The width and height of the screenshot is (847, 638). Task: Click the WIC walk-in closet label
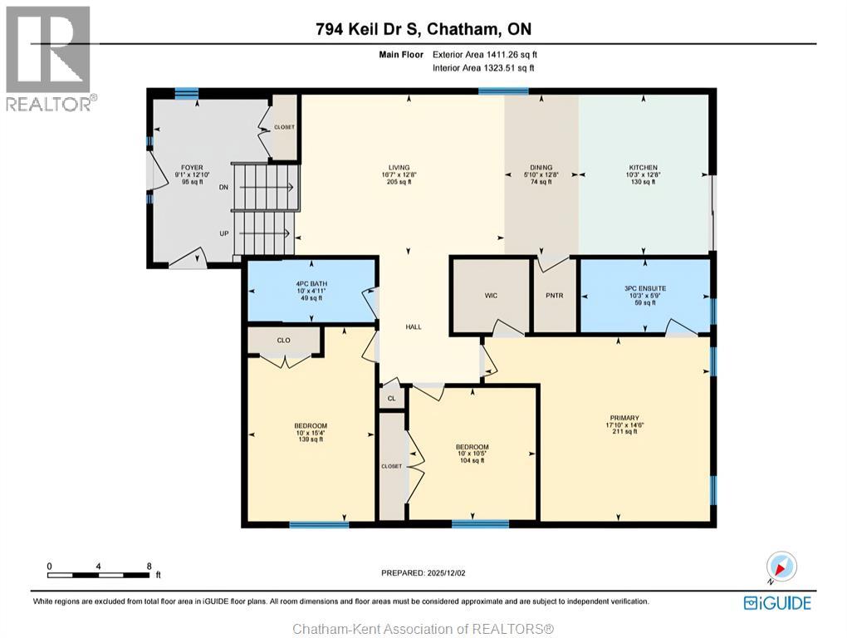tap(491, 295)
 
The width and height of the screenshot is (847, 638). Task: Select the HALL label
tap(414, 326)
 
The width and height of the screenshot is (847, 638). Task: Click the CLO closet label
tap(283, 340)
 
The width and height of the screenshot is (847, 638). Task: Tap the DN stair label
tap(223, 188)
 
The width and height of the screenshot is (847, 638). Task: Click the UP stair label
tap(224, 233)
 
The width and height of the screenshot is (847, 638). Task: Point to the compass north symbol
tap(781, 567)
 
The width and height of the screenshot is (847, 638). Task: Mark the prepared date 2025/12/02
tap(428, 572)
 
